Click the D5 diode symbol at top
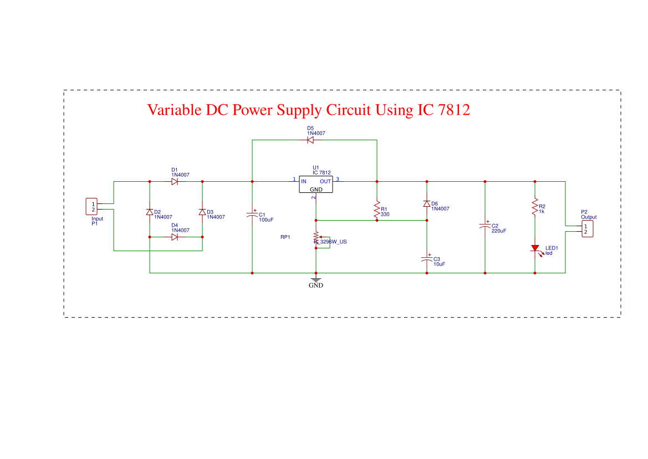(310, 140)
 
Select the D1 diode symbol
(175, 181)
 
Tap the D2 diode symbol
(150, 212)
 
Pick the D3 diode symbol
(202, 212)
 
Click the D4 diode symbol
(175, 237)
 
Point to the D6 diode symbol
(427, 204)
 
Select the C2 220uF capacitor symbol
(485, 226)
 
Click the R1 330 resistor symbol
(377, 211)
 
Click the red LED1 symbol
(535, 249)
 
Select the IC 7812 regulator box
(316, 185)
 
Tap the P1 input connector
(91, 207)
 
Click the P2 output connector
(586, 228)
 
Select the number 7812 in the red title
(453, 110)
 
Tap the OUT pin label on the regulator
(325, 181)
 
